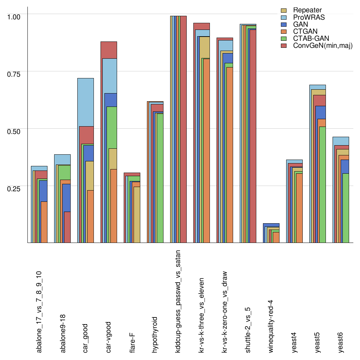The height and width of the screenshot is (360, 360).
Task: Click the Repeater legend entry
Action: click(x=307, y=10)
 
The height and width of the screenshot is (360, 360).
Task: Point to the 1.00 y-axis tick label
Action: click(x=14, y=17)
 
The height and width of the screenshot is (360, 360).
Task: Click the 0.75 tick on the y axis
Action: click(x=14, y=74)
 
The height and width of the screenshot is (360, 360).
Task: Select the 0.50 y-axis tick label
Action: click(x=14, y=131)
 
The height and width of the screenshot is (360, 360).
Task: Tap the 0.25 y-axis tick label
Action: click(x=14, y=188)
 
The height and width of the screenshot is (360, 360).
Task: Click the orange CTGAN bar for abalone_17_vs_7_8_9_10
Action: click(x=44, y=222)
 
